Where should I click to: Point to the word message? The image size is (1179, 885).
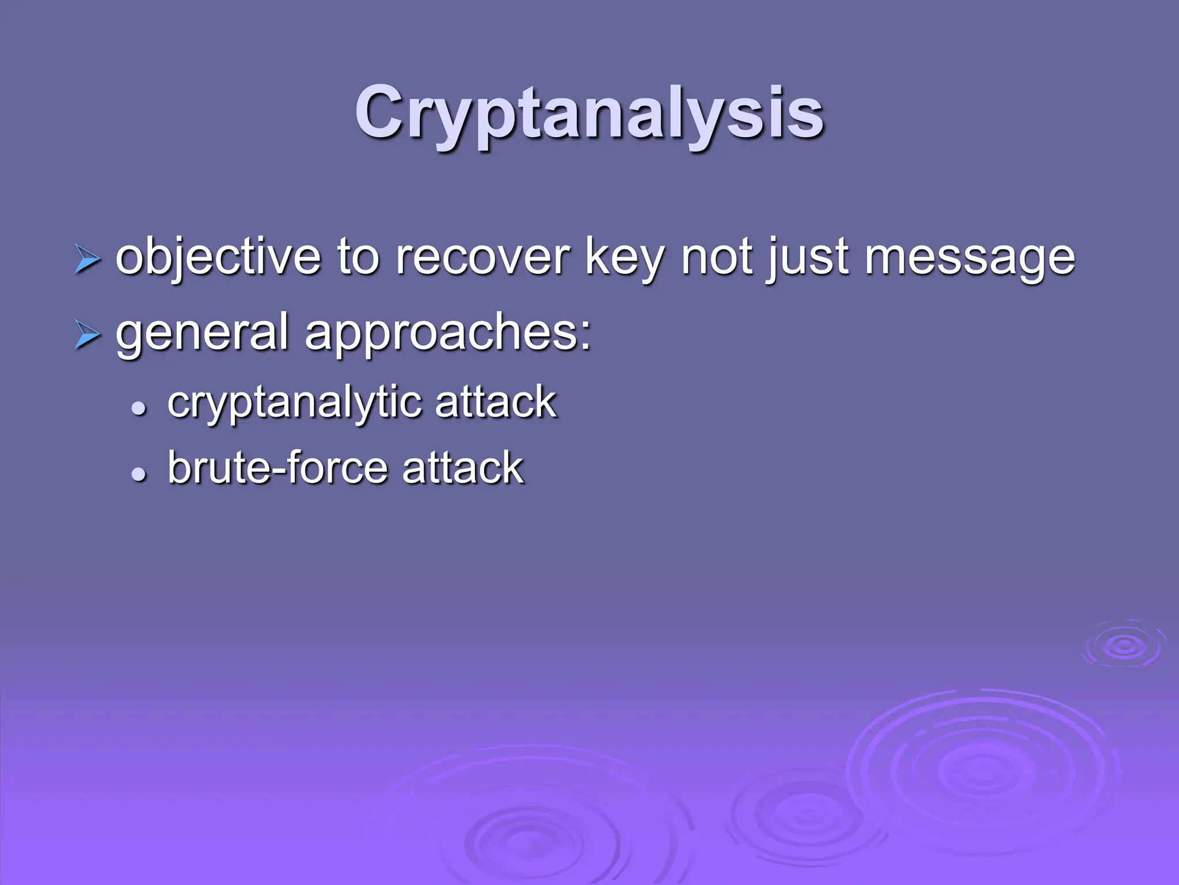pyautogui.click(x=969, y=257)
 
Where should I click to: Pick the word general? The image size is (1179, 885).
pyautogui.click(x=202, y=333)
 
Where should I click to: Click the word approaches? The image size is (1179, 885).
pyautogui.click(x=448, y=333)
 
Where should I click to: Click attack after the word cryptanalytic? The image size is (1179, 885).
pyautogui.click(x=496, y=402)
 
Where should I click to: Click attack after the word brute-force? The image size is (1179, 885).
pyautogui.click(x=463, y=467)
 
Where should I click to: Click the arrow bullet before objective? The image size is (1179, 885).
pyautogui.click(x=88, y=259)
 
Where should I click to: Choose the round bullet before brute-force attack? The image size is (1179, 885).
pyautogui.click(x=138, y=474)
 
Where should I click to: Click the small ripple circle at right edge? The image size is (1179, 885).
pyautogui.click(x=1124, y=645)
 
